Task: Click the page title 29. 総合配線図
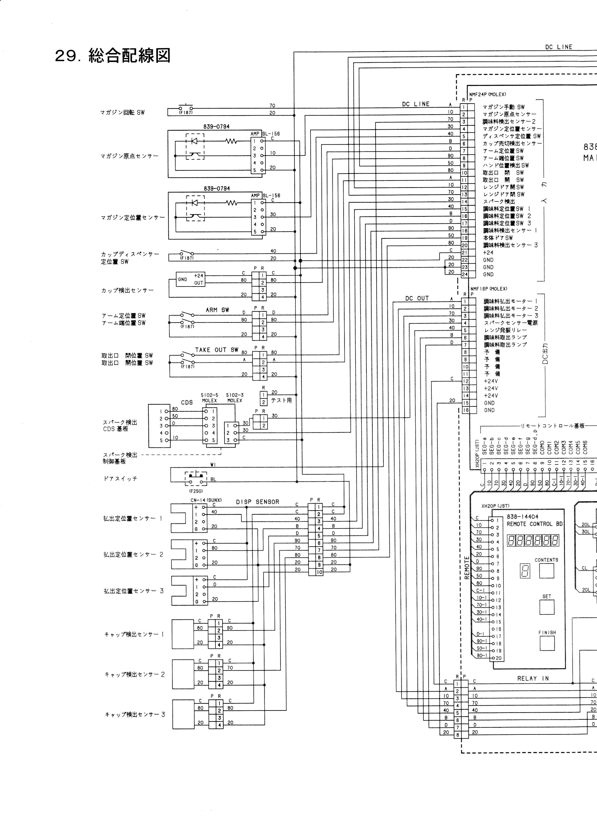112,56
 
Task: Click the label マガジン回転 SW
122,113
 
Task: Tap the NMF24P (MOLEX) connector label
488,95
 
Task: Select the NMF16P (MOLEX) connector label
489,289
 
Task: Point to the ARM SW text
218,310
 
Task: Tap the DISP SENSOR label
258,502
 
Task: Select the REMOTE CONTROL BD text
535,524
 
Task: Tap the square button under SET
547,607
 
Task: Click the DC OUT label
417,299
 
